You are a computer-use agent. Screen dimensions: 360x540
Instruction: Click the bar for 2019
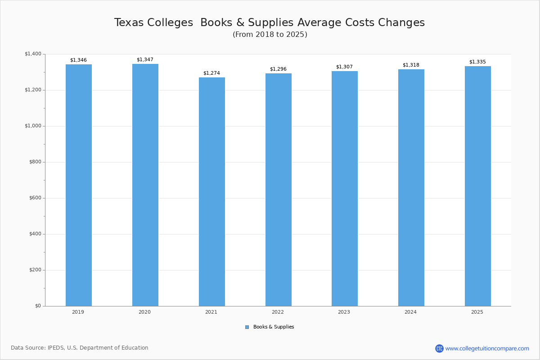click(79, 185)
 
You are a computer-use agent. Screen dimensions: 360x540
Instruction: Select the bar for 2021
click(212, 192)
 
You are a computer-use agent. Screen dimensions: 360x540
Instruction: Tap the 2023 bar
click(345, 189)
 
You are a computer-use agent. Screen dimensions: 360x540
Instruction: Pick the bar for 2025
click(478, 186)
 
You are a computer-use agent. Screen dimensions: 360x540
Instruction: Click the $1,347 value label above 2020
click(145, 60)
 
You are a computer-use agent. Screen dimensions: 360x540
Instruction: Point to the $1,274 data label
click(211, 73)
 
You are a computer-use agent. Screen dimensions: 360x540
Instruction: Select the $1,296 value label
click(278, 69)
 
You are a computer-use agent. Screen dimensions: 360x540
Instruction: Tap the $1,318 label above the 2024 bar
click(411, 65)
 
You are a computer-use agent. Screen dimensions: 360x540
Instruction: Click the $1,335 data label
click(477, 62)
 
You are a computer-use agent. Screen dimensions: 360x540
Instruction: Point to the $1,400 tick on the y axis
click(33, 54)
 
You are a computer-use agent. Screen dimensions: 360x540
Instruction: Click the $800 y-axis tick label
click(35, 162)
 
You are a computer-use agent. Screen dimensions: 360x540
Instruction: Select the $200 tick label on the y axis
click(35, 270)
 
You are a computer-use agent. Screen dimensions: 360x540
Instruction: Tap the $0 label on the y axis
click(38, 306)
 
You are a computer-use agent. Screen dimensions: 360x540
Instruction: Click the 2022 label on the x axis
click(278, 312)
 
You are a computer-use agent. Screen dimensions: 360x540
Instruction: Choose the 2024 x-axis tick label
click(410, 312)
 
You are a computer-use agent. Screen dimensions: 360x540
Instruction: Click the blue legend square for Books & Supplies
click(247, 327)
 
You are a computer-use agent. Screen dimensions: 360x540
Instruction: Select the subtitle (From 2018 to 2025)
click(270, 35)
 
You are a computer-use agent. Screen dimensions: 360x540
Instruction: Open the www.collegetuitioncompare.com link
click(487, 348)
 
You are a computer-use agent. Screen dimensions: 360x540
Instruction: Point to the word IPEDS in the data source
click(55, 348)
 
